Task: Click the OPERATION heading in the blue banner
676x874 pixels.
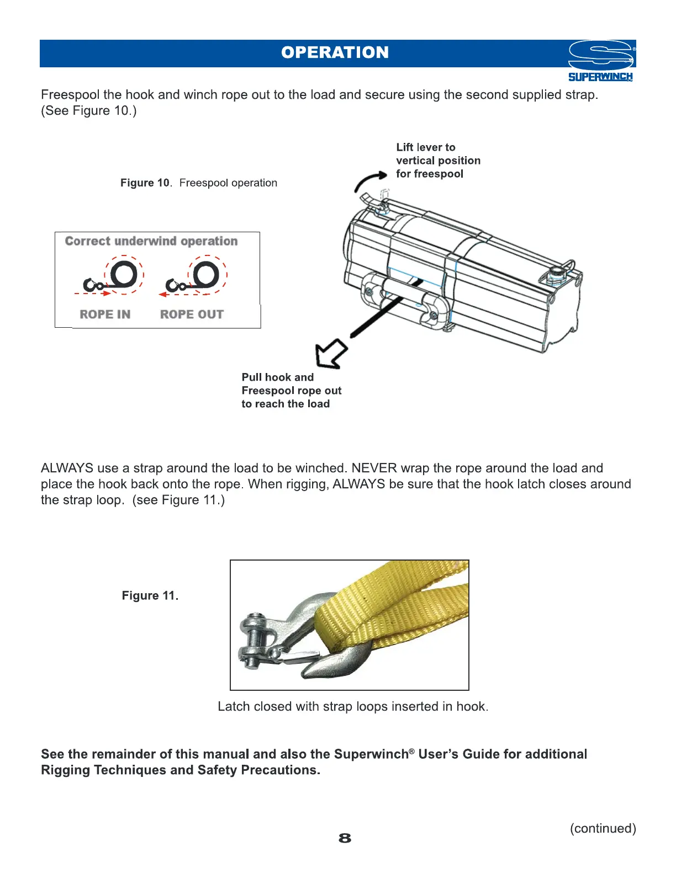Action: point(335,52)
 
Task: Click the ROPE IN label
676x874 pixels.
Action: point(105,315)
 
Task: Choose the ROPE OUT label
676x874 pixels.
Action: point(192,315)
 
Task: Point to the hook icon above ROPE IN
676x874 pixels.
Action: point(92,285)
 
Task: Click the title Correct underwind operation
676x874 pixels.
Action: point(151,241)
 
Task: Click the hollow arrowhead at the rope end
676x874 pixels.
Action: point(330,355)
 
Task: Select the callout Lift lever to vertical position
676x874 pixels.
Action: point(438,161)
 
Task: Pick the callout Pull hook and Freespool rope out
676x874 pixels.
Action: point(291,391)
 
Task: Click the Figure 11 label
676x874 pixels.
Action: point(150,596)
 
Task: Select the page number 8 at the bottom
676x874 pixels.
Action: point(345,838)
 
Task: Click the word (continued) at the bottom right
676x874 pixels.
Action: point(603,828)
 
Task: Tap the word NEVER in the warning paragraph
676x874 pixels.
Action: point(374,468)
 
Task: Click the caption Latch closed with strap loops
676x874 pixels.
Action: point(353,707)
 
